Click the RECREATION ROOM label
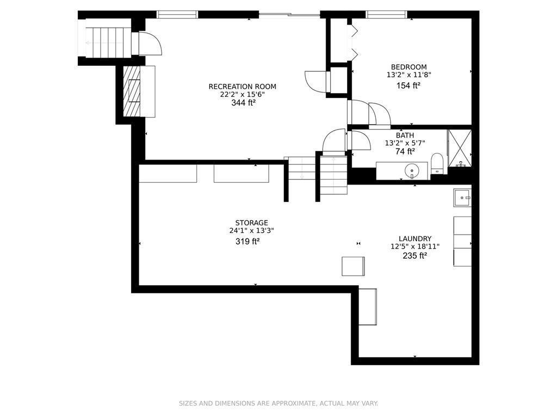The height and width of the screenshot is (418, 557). pyautogui.click(x=242, y=87)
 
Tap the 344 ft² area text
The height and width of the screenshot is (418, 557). pyautogui.click(x=243, y=102)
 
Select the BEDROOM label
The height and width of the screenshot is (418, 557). pyautogui.click(x=409, y=67)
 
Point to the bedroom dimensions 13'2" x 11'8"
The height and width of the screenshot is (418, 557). pyautogui.click(x=409, y=75)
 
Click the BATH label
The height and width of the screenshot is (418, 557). pyautogui.click(x=405, y=135)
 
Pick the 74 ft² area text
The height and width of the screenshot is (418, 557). pyautogui.click(x=405, y=152)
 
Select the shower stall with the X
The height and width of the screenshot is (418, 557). pyautogui.click(x=460, y=147)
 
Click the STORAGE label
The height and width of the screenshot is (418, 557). pyautogui.click(x=251, y=223)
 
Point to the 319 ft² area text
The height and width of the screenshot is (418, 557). pyautogui.click(x=247, y=241)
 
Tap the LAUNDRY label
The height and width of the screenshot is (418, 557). pyautogui.click(x=414, y=238)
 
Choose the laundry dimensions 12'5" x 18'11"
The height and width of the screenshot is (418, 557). pyautogui.click(x=414, y=247)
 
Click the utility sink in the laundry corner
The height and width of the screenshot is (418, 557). pyautogui.click(x=462, y=198)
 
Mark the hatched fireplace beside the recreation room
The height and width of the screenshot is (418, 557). pyautogui.click(x=132, y=91)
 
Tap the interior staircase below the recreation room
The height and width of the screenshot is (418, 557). pyautogui.click(x=332, y=175)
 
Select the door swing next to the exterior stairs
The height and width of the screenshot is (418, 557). pyautogui.click(x=150, y=43)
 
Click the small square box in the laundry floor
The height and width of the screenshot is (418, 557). pyautogui.click(x=353, y=266)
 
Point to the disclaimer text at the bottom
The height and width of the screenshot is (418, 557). pyautogui.click(x=278, y=403)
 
